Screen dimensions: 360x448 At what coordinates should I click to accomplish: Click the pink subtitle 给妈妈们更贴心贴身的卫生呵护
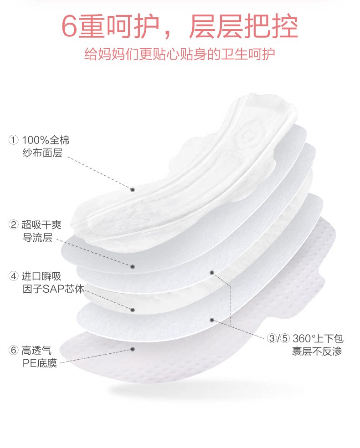(180, 55)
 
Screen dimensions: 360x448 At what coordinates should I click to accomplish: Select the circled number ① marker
(14, 140)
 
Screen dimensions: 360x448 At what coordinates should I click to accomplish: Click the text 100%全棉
(46, 140)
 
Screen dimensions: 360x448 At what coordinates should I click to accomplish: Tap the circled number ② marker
(14, 224)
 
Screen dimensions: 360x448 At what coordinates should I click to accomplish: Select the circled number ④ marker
(14, 276)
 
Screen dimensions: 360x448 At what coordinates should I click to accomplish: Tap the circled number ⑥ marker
(14, 351)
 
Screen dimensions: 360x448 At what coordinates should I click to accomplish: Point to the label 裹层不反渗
(317, 351)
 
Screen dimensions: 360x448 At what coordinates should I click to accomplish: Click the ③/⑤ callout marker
(278, 339)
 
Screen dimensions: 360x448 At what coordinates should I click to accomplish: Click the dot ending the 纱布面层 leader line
(133, 189)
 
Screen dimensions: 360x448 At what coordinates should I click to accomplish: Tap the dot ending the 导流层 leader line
(133, 267)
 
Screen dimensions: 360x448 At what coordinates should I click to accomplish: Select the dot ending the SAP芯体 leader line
(133, 310)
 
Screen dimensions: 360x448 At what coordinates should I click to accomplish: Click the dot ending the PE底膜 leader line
(133, 349)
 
